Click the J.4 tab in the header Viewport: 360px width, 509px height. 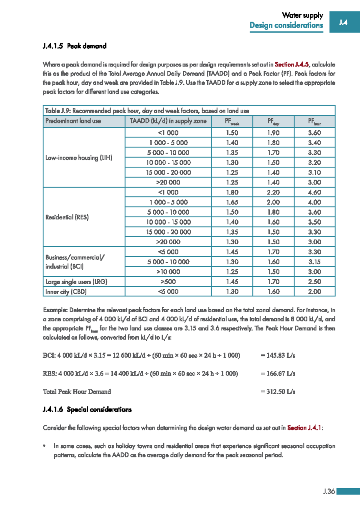343,22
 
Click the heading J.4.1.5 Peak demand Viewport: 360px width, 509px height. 75,46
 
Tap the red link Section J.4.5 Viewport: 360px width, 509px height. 292,64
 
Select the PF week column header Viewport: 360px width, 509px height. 232,121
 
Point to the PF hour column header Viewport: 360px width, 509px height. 314,121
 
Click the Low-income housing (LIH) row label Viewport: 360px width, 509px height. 79,158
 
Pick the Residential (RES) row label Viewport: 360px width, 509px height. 67,217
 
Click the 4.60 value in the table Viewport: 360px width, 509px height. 314,192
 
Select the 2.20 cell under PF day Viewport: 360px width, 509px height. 273,192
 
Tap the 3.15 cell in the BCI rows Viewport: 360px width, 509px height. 314,262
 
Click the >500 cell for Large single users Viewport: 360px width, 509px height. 168,281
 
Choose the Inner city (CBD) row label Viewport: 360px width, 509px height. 66,291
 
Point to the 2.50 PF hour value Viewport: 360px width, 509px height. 314,281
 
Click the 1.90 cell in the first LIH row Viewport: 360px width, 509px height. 273,133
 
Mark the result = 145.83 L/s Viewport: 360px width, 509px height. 278,356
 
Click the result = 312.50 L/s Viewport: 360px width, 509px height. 278,392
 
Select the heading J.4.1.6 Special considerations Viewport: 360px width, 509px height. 87,409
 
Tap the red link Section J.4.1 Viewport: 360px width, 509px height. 304,428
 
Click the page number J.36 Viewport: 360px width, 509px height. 329,491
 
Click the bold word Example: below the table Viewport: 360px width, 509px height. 55,310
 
